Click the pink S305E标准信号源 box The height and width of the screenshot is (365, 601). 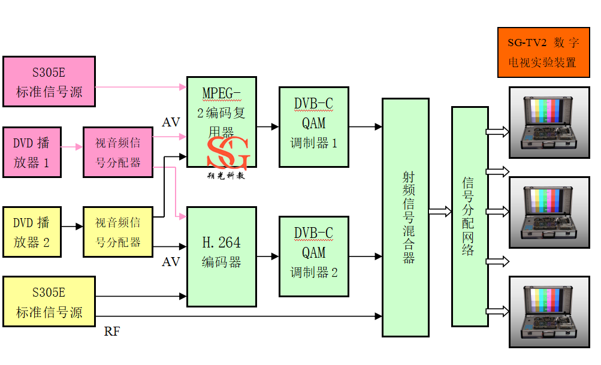click(x=49, y=82)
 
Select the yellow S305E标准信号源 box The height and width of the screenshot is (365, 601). click(x=49, y=301)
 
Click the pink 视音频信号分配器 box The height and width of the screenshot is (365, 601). click(x=118, y=152)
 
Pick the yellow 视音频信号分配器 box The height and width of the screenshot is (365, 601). click(x=118, y=231)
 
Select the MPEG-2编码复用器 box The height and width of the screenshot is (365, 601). click(x=222, y=114)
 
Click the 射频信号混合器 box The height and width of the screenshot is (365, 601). click(x=406, y=217)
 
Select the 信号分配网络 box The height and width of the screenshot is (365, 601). click(x=469, y=217)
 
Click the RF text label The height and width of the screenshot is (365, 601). click(x=112, y=331)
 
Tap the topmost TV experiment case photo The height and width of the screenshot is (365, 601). click(x=549, y=122)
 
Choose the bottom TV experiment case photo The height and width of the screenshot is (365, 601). click(x=549, y=312)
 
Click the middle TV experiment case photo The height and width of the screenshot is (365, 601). click(x=549, y=212)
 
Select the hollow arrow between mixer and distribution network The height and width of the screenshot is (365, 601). click(x=440, y=211)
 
